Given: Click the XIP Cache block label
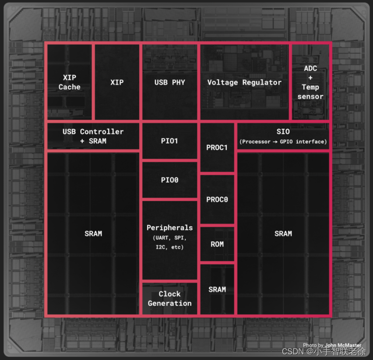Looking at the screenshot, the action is tap(70, 82).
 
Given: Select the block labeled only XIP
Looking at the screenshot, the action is tap(117, 82).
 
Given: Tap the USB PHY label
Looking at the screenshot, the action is tap(169, 82).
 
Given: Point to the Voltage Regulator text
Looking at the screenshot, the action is tap(244, 82).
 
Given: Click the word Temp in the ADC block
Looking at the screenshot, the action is tap(310, 87).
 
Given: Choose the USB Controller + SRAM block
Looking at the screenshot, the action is tap(93, 136).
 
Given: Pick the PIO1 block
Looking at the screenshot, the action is tap(169, 141).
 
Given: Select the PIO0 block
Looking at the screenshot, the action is tap(169, 180).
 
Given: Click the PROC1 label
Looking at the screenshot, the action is tap(217, 147).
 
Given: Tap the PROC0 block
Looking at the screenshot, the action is tap(217, 199).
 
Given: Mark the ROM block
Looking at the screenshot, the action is tap(217, 244).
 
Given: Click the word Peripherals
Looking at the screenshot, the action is tap(169, 227).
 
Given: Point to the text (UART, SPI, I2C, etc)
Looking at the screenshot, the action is tap(169, 243).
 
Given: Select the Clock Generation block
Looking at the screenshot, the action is tap(169, 298).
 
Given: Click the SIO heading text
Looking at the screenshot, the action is tap(283, 132).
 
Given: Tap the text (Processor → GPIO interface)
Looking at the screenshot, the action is tap(283, 142).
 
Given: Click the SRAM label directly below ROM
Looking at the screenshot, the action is tap(217, 289).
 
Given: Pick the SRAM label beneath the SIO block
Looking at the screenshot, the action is tap(283, 234).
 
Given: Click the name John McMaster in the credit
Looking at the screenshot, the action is tap(343, 345).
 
